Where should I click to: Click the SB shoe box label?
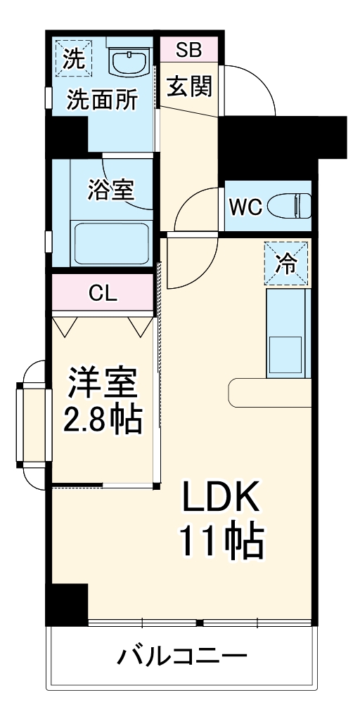pyautogui.click(x=188, y=49)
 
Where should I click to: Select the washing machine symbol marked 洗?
pyautogui.click(x=73, y=56)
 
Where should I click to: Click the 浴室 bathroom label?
pyautogui.click(x=111, y=190)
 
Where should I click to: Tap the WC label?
pyautogui.click(x=245, y=207)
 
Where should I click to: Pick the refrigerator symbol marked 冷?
pyautogui.click(x=286, y=263)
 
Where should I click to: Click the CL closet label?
pyautogui.click(x=103, y=292)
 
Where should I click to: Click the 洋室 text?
pyautogui.click(x=103, y=385)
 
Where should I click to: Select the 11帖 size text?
pyautogui.click(x=222, y=541)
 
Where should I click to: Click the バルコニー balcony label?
pyautogui.click(x=181, y=658)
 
